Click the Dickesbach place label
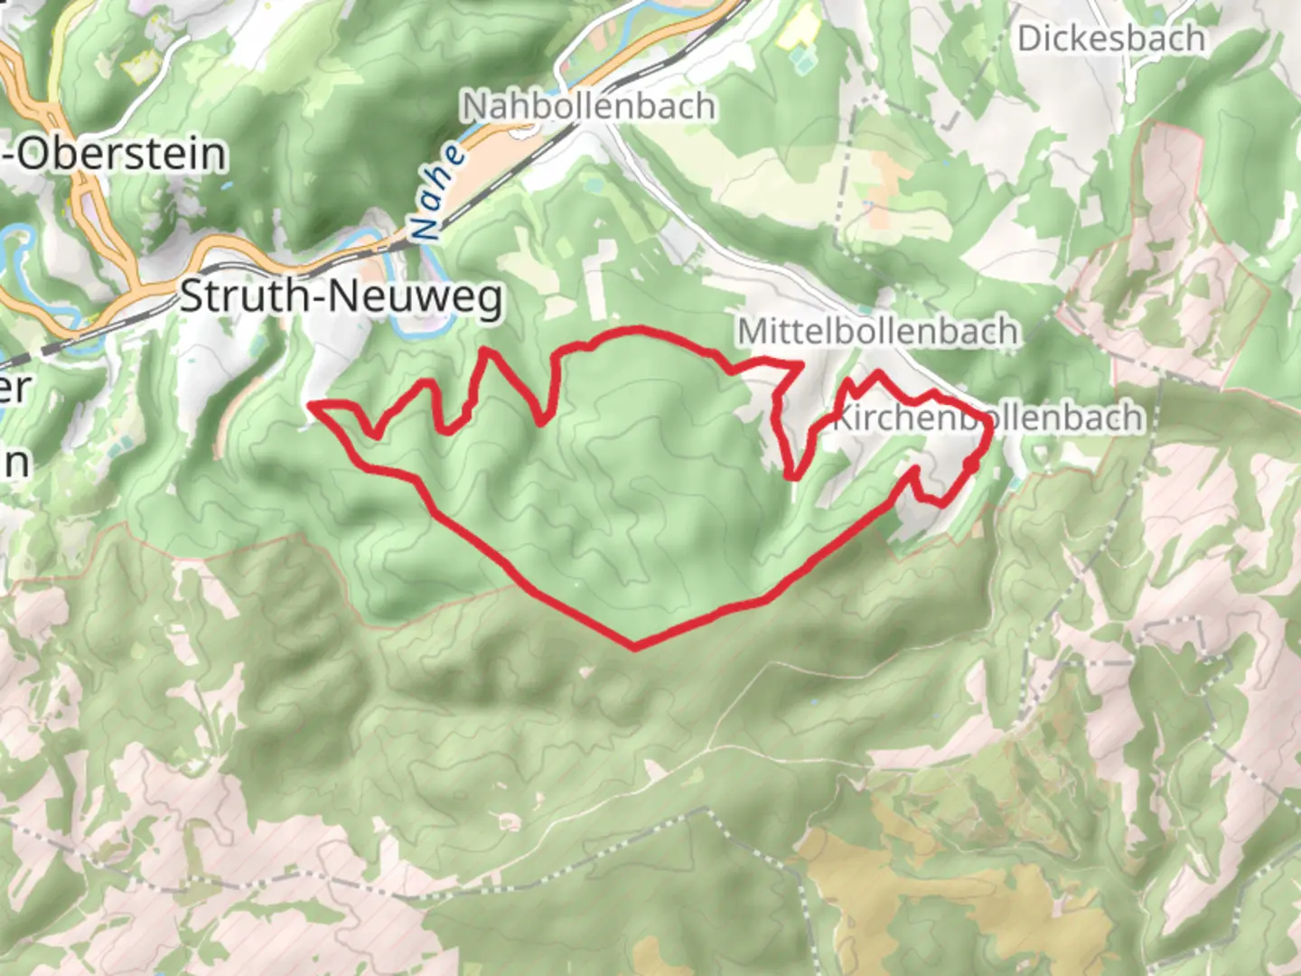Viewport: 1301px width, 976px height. pyautogui.click(x=1110, y=39)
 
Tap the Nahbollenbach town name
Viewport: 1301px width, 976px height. pyautogui.click(x=589, y=107)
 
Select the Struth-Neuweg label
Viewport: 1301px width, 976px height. pyautogui.click(x=342, y=296)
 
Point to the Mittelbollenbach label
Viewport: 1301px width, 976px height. pyautogui.click(x=877, y=332)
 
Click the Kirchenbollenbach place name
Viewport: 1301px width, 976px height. pyautogui.click(x=987, y=418)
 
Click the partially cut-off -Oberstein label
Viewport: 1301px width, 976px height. pyautogui.click(x=113, y=154)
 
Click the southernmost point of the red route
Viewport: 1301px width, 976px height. pyautogui.click(x=635, y=647)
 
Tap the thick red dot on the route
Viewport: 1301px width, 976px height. pyautogui.click(x=969, y=465)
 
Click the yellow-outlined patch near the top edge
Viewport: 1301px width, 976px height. pyautogui.click(x=795, y=27)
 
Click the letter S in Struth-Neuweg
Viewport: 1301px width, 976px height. pyautogui.click(x=191, y=296)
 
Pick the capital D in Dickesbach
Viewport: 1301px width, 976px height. pyautogui.click(x=1029, y=39)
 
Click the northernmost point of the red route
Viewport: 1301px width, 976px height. pyautogui.click(x=640, y=329)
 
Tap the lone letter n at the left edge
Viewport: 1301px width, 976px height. pyautogui.click(x=14, y=463)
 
